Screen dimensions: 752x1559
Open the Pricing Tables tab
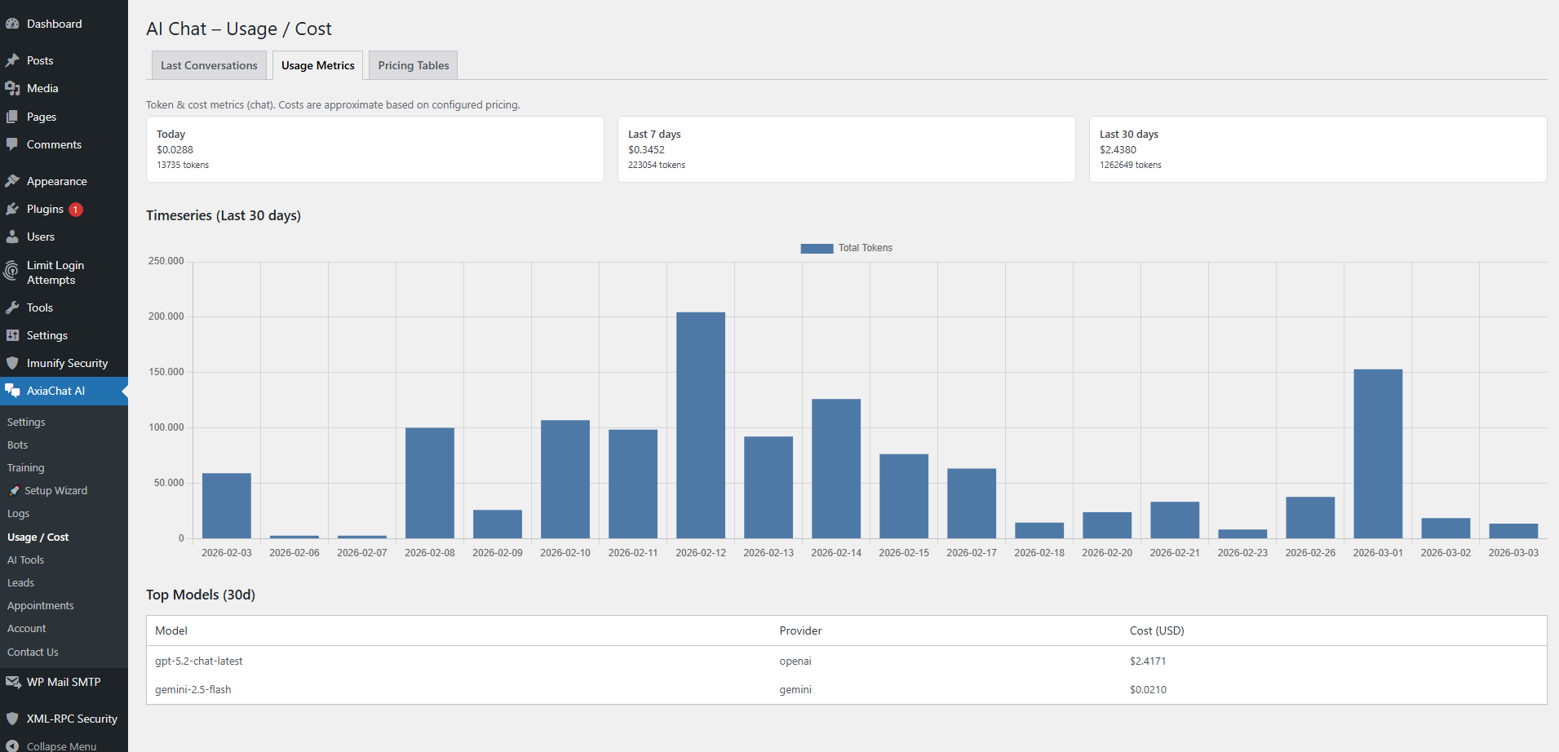pyautogui.click(x=413, y=65)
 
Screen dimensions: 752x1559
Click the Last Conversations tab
pyautogui.click(x=209, y=65)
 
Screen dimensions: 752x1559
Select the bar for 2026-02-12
pyautogui.click(x=700, y=424)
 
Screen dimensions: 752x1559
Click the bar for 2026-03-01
pyautogui.click(x=1378, y=453)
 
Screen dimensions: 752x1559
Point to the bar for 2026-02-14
pyautogui.click(x=835, y=468)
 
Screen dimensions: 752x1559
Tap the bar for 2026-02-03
pyautogui.click(x=227, y=506)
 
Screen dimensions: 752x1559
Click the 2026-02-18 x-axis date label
pyautogui.click(x=1039, y=553)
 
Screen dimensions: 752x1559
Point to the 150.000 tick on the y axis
pyautogui.click(x=166, y=372)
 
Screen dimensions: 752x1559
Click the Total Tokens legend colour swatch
pyautogui.click(x=817, y=248)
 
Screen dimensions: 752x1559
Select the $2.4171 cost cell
pyautogui.click(x=1148, y=661)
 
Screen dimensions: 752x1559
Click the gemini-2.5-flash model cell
pyautogui.click(x=193, y=690)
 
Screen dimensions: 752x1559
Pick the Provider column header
pyautogui.click(x=800, y=630)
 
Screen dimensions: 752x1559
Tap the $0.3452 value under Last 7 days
pyautogui.click(x=646, y=150)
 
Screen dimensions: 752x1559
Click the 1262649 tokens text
pyautogui.click(x=1130, y=165)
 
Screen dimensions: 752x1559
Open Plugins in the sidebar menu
pyautogui.click(x=45, y=209)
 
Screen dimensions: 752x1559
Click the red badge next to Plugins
pyautogui.click(x=76, y=210)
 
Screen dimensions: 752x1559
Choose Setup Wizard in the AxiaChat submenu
pyautogui.click(x=55, y=491)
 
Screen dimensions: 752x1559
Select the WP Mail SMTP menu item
pyautogui.click(x=63, y=682)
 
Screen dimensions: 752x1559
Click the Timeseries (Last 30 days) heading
pyautogui.click(x=224, y=215)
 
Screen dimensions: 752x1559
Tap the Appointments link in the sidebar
pyautogui.click(x=40, y=606)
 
